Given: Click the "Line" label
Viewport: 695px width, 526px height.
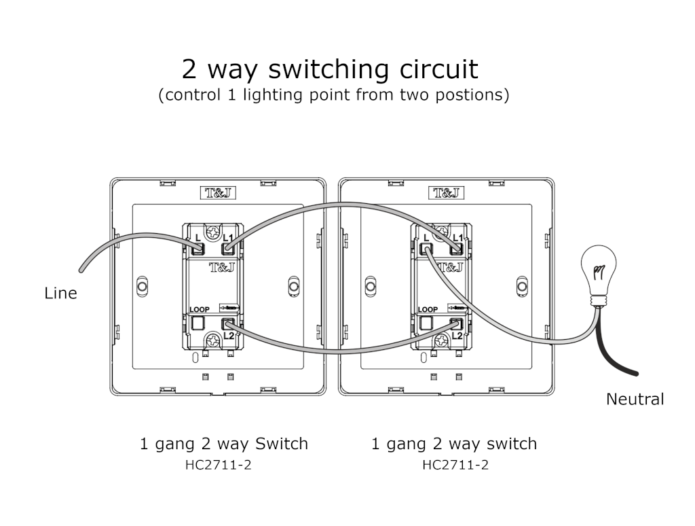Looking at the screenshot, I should click(x=61, y=294).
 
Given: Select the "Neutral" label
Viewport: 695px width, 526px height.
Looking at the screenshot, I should click(x=635, y=399).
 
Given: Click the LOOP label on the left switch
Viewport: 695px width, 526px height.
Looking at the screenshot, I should click(x=200, y=309).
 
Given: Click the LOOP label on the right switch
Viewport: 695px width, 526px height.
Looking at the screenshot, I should click(x=428, y=309).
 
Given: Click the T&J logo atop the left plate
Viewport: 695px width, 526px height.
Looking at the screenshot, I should click(x=217, y=192).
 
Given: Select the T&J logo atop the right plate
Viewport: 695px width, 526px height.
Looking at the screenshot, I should click(x=446, y=192).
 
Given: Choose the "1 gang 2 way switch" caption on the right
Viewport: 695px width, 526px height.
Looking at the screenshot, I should click(x=453, y=444).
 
